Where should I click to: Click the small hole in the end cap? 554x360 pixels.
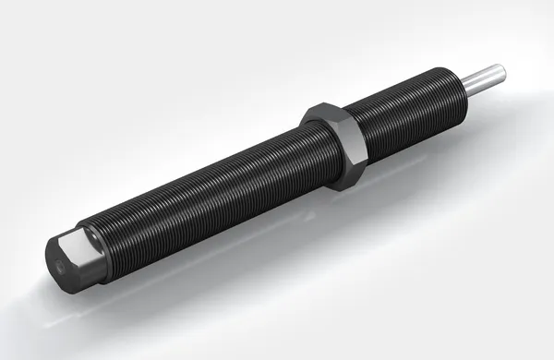pyautogui.click(x=94, y=247)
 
